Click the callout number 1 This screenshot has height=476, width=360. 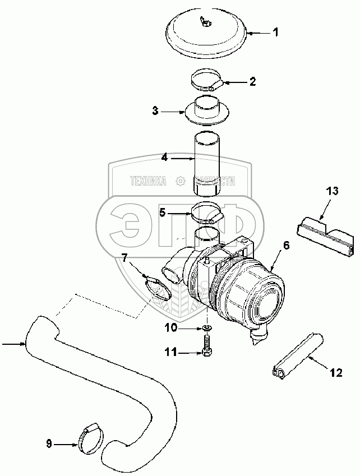(x=275, y=33)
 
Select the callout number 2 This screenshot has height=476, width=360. (x=252, y=81)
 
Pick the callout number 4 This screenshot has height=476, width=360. (x=164, y=158)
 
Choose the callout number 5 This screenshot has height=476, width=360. (x=162, y=212)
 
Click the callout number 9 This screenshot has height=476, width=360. (x=49, y=445)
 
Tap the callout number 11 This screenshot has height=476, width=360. (x=172, y=352)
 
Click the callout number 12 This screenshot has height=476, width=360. (x=336, y=372)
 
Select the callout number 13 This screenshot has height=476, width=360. (x=332, y=191)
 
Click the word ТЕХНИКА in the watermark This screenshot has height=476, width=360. (x=149, y=181)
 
